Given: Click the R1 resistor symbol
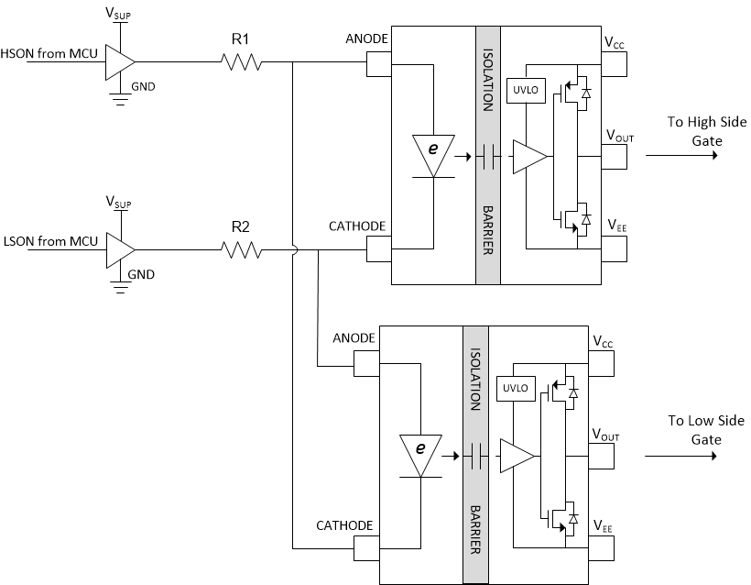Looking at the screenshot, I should coord(241,62).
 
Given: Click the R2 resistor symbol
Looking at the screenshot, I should coord(241,248).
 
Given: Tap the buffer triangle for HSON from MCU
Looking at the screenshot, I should coord(119,62).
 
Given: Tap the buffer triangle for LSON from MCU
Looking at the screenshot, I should coord(119,248).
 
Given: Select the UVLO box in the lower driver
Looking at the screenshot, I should coord(512,389).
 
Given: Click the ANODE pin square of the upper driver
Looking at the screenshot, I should coord(378,63).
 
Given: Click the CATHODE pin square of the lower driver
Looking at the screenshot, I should coord(366,549).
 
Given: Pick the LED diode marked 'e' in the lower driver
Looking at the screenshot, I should coord(421,451).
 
